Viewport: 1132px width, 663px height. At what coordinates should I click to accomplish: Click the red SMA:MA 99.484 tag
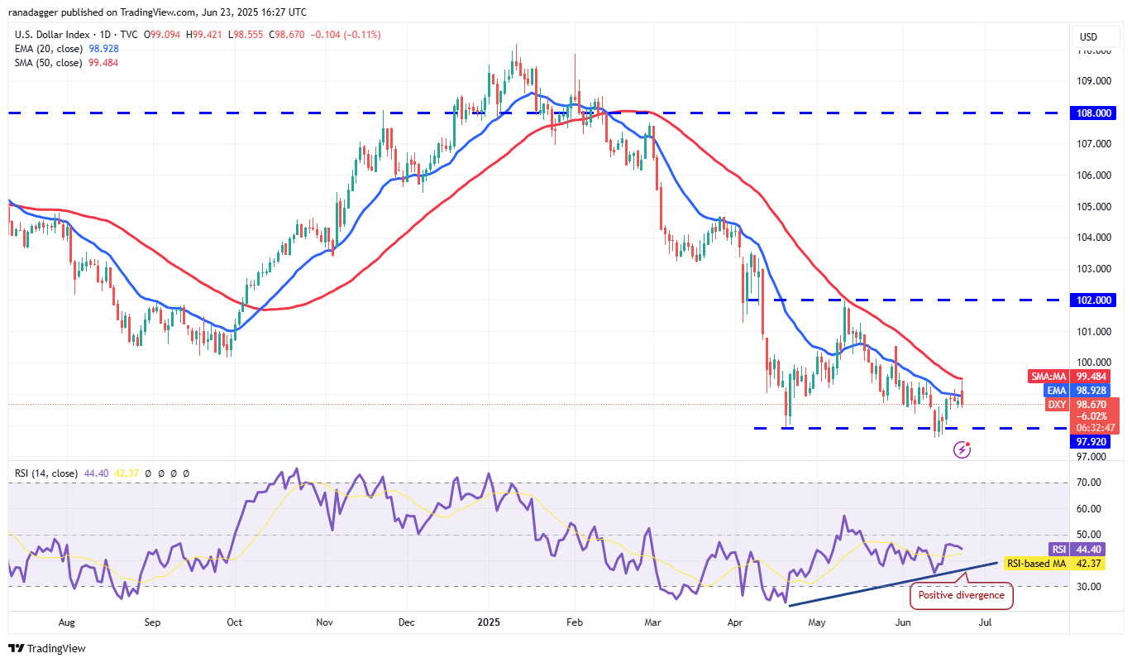(x=1072, y=376)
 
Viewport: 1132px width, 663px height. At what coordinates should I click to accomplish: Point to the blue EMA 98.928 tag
(x=1072, y=390)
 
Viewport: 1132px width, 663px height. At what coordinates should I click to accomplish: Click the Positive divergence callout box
(x=961, y=594)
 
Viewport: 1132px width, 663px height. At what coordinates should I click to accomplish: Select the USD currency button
(x=1088, y=37)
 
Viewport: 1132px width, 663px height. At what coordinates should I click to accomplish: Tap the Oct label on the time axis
(x=234, y=621)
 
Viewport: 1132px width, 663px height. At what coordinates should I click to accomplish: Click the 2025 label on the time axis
(x=489, y=621)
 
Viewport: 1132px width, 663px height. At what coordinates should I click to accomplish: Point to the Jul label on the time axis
(x=986, y=621)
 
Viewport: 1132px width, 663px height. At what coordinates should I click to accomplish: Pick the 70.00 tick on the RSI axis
(x=1088, y=483)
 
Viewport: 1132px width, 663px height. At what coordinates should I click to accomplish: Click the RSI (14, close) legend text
(x=46, y=473)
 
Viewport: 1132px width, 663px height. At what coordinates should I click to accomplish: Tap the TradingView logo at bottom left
(x=47, y=649)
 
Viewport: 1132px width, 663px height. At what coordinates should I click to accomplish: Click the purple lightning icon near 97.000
(x=962, y=449)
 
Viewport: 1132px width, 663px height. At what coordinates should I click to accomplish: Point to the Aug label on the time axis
(x=67, y=621)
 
